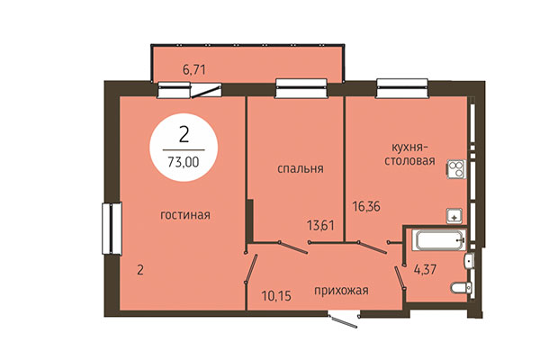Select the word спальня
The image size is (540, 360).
301,168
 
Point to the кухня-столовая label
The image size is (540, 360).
413,154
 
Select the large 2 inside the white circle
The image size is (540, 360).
184,136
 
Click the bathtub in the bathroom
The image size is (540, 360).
437,238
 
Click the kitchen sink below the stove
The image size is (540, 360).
454,215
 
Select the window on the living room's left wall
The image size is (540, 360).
111,229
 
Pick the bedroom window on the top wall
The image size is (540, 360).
294,88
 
